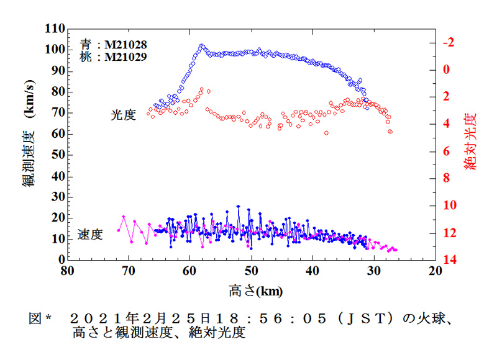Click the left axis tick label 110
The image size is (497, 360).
coord(53,29)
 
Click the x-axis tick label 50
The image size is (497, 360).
coord(252,271)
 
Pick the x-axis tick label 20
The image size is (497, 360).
coord(435,271)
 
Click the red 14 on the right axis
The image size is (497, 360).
coord(450,259)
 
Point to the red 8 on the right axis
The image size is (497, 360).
coord(447,178)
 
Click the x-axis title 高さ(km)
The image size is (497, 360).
coord(251,290)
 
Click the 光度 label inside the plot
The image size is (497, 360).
coord(123,115)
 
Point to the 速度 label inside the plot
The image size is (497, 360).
coord(90,235)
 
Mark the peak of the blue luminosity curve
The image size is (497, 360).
coord(201,46)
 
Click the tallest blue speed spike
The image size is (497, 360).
coord(238,207)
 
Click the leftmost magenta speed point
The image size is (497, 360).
coord(119,230)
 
